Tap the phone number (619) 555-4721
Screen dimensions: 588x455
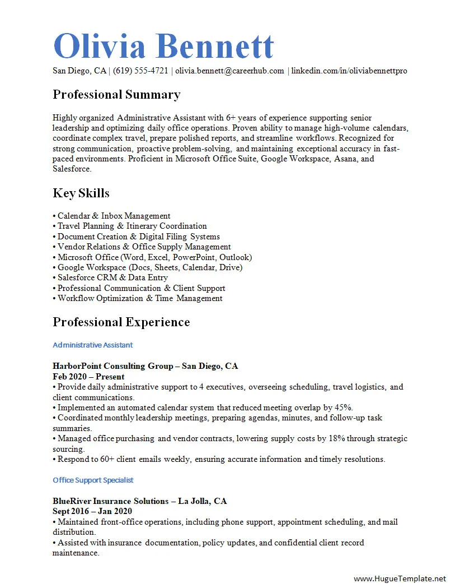(x=140, y=71)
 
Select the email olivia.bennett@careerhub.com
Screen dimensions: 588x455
(x=229, y=71)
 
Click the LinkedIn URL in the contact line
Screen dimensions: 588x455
(x=349, y=71)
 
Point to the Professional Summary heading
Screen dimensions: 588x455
(x=116, y=94)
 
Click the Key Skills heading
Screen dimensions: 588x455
(x=81, y=193)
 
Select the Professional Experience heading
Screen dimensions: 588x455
(x=121, y=322)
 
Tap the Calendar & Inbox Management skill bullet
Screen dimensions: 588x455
(x=114, y=216)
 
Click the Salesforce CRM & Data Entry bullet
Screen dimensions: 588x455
(x=112, y=277)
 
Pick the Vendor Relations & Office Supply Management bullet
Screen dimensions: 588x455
(x=144, y=247)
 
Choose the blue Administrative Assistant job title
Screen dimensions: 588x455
(x=92, y=345)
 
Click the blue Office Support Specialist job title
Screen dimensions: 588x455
(x=93, y=480)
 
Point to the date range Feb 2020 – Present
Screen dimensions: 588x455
(x=88, y=377)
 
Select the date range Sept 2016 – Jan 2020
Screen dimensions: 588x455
(x=92, y=511)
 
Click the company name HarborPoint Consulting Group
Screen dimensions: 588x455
(x=113, y=366)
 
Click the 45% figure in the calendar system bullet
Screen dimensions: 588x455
(x=343, y=408)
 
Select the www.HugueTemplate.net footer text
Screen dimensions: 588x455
(x=400, y=578)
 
